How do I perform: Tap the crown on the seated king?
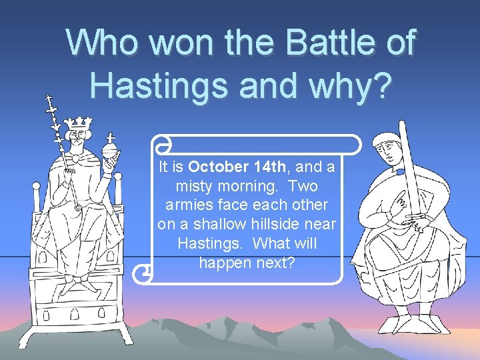pos(79,123)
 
